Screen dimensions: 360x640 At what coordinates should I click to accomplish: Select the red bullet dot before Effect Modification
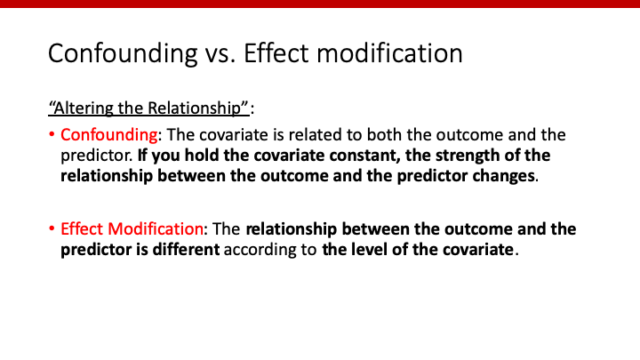pyautogui.click(x=52, y=229)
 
